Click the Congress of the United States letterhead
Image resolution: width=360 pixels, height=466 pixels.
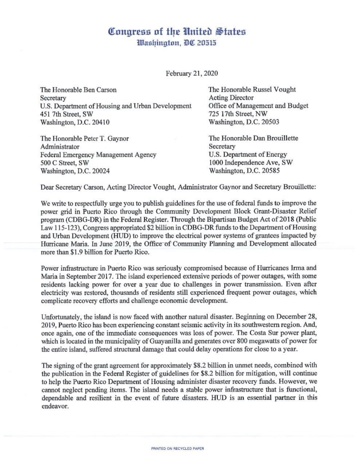pyautogui.click(x=178, y=31)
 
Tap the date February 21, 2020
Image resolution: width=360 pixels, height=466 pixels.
pyautogui.click(x=192, y=73)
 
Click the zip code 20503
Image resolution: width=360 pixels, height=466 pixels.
pyautogui.click(x=270, y=122)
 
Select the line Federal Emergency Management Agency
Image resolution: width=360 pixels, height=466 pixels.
pyautogui.click(x=98, y=155)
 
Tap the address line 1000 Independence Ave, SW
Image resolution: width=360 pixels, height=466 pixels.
pyautogui.click(x=250, y=163)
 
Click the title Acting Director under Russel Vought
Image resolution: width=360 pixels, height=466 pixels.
pyautogui.click(x=231, y=98)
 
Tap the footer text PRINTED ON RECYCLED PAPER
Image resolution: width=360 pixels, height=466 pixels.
pyautogui.click(x=178, y=449)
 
